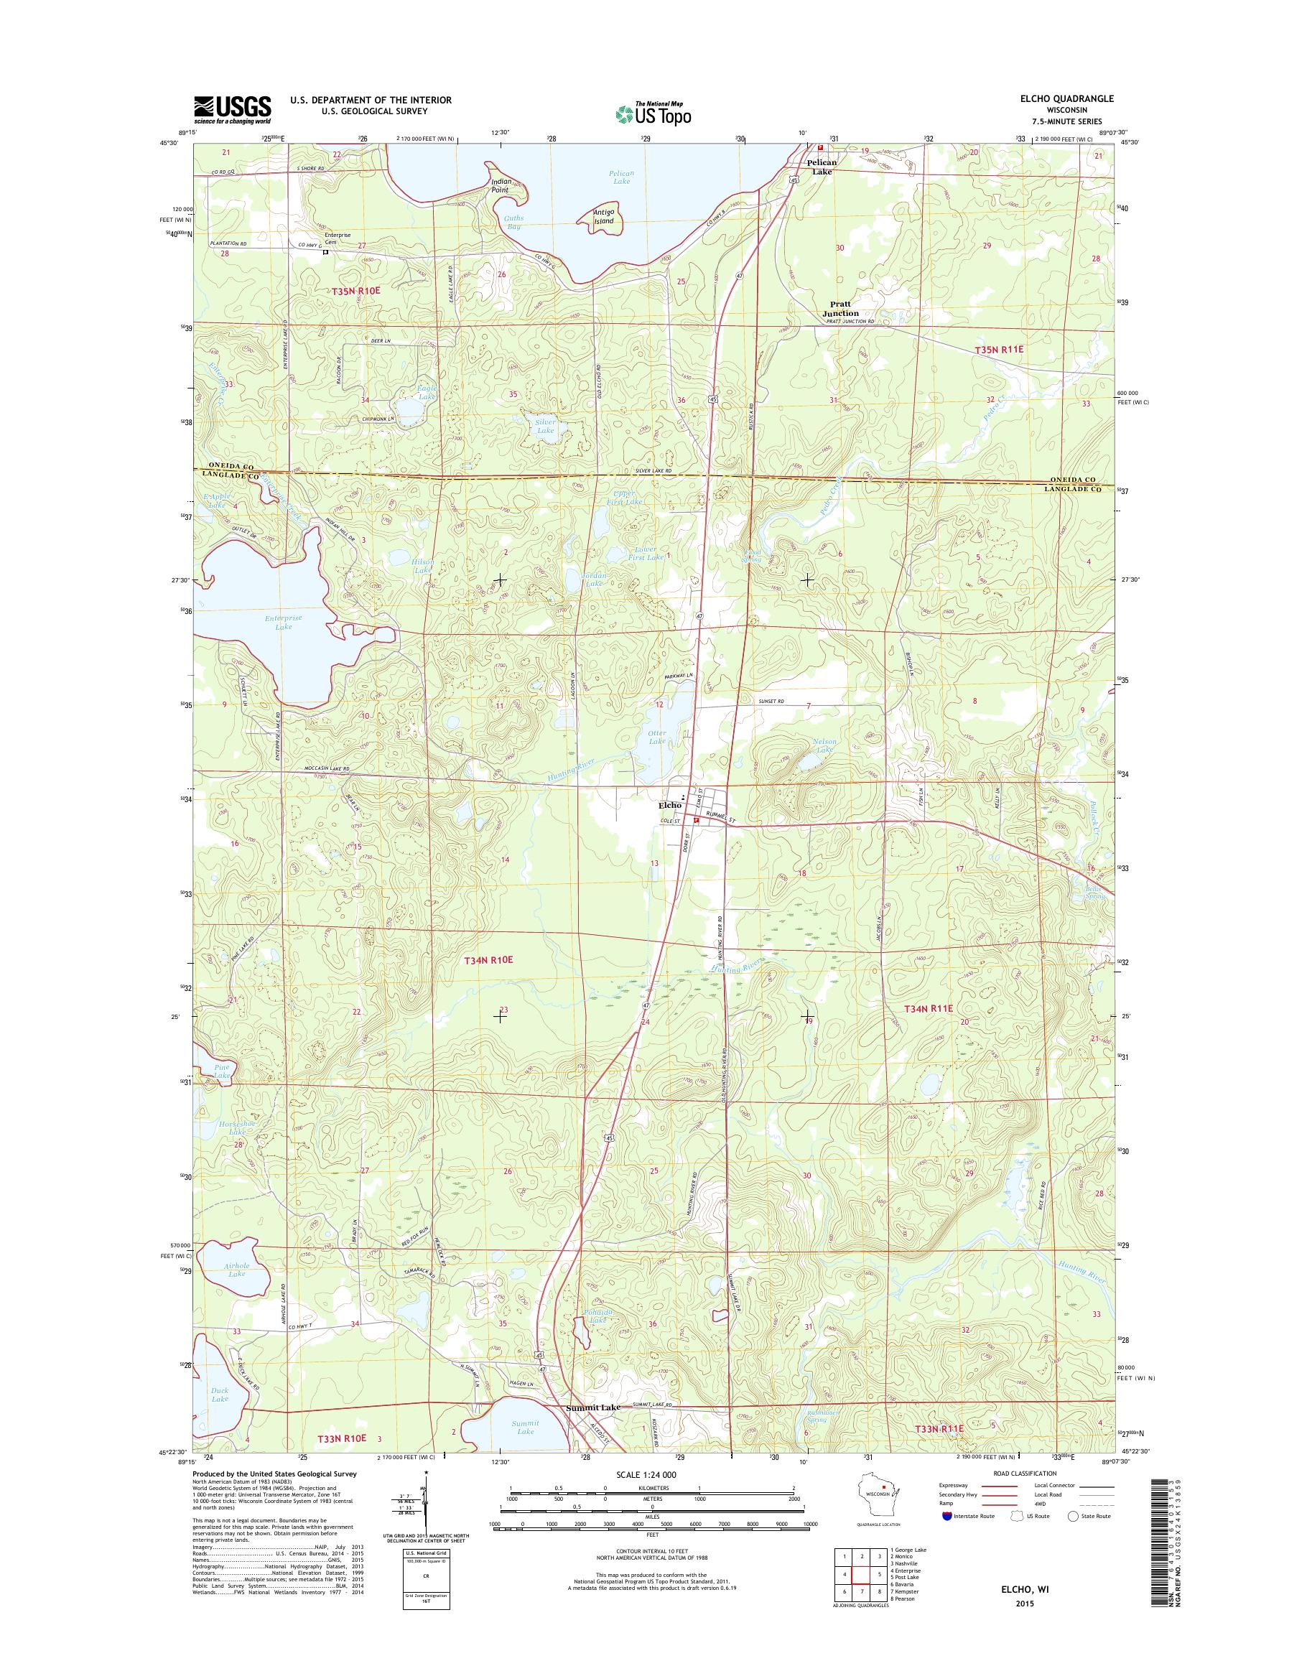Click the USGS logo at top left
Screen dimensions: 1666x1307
pyautogui.click(x=232, y=109)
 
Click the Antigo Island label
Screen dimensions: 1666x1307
pyautogui.click(x=610, y=217)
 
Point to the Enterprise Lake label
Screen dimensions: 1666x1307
pyautogui.click(x=283, y=621)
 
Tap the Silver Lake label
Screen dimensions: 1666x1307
pyautogui.click(x=545, y=427)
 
